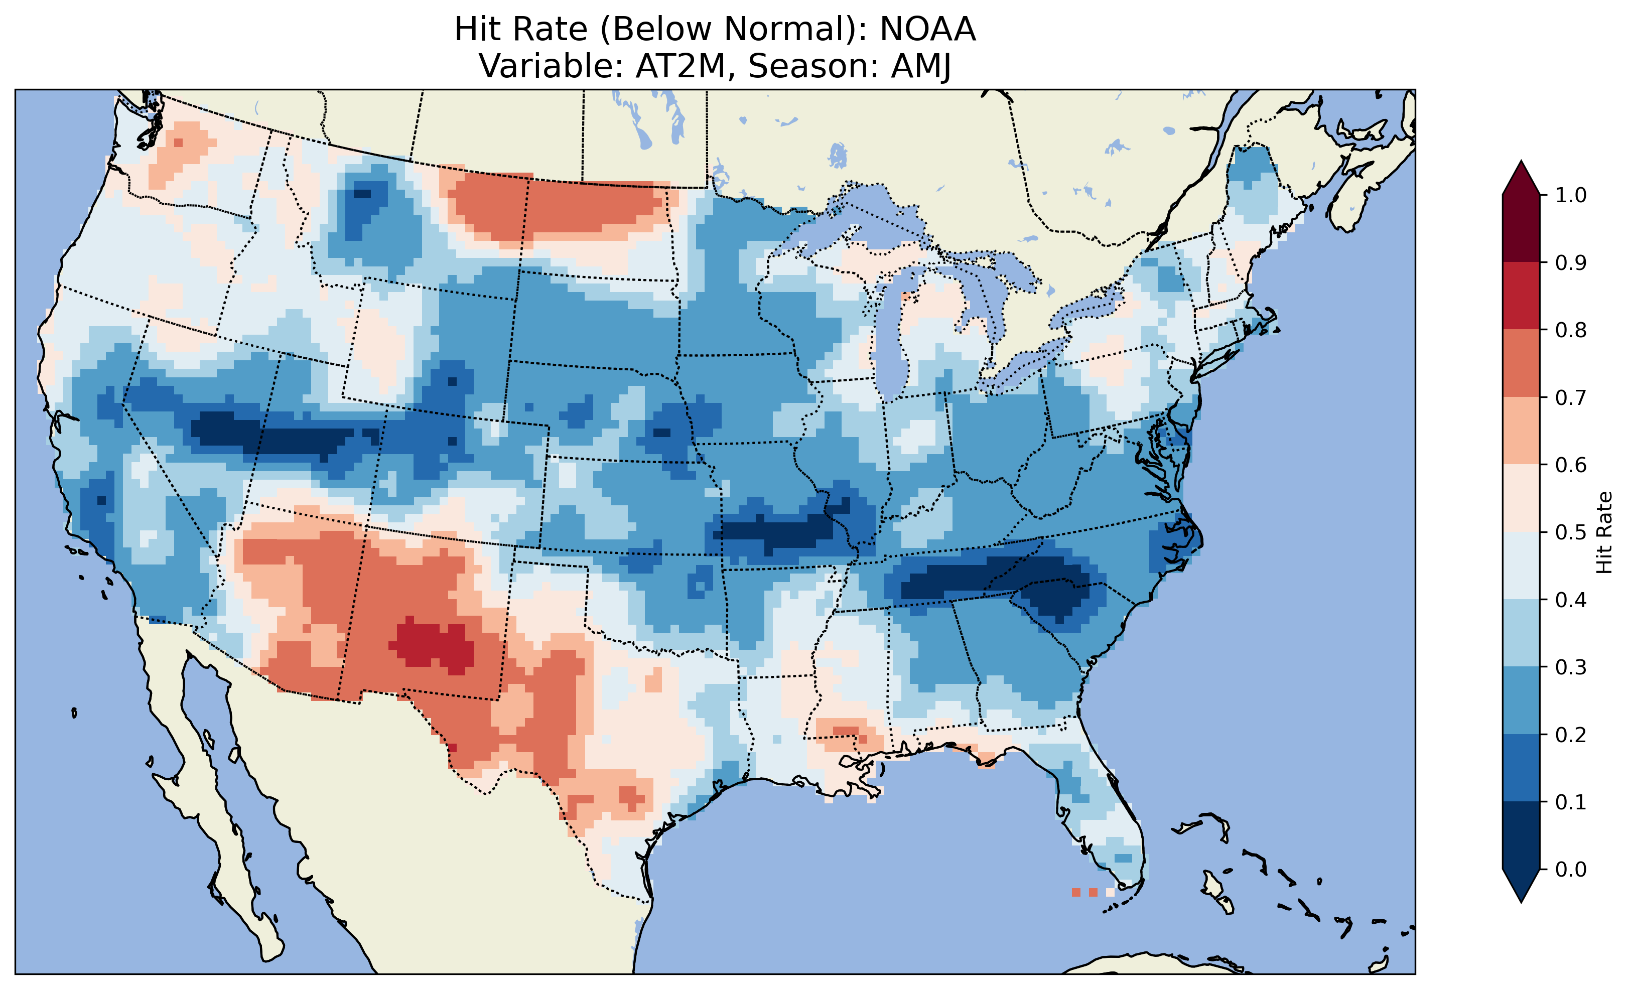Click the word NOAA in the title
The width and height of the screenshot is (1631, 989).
pyautogui.click(x=927, y=29)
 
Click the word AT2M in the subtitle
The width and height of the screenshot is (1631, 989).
pyautogui.click(x=681, y=66)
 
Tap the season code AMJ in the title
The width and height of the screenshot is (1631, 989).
pyautogui.click(x=921, y=66)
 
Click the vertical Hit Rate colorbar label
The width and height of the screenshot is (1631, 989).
pyautogui.click(x=1604, y=532)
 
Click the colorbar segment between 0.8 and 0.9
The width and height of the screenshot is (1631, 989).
pyautogui.click(x=1521, y=295)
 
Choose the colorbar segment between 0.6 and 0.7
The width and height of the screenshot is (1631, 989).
pyautogui.click(x=1521, y=431)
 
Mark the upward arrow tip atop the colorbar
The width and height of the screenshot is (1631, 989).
pyautogui.click(x=1521, y=164)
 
